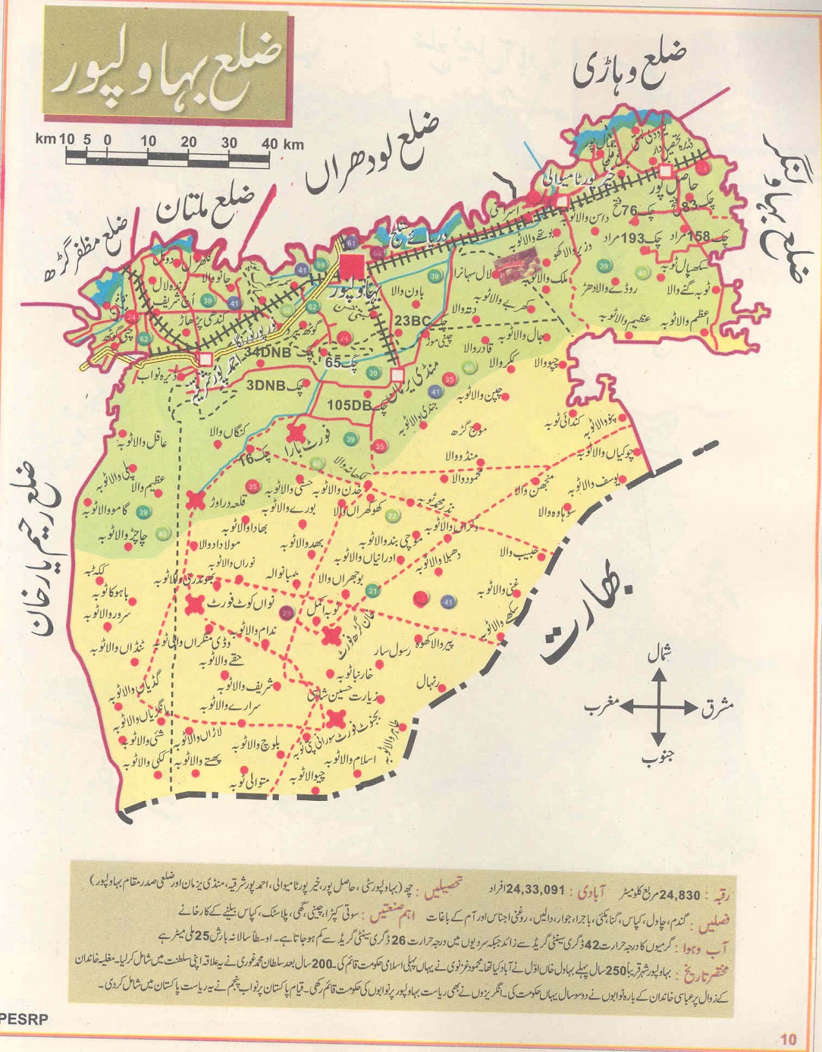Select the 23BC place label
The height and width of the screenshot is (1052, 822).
pos(412,321)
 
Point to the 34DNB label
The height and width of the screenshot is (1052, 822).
pos(267,352)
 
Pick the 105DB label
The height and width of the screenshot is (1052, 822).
pos(349,405)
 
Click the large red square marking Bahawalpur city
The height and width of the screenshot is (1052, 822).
pos(352,266)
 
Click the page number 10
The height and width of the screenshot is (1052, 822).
pos(787,1039)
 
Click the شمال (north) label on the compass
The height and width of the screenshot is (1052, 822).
pos(660,655)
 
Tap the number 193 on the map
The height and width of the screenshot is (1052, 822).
pos(633,238)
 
